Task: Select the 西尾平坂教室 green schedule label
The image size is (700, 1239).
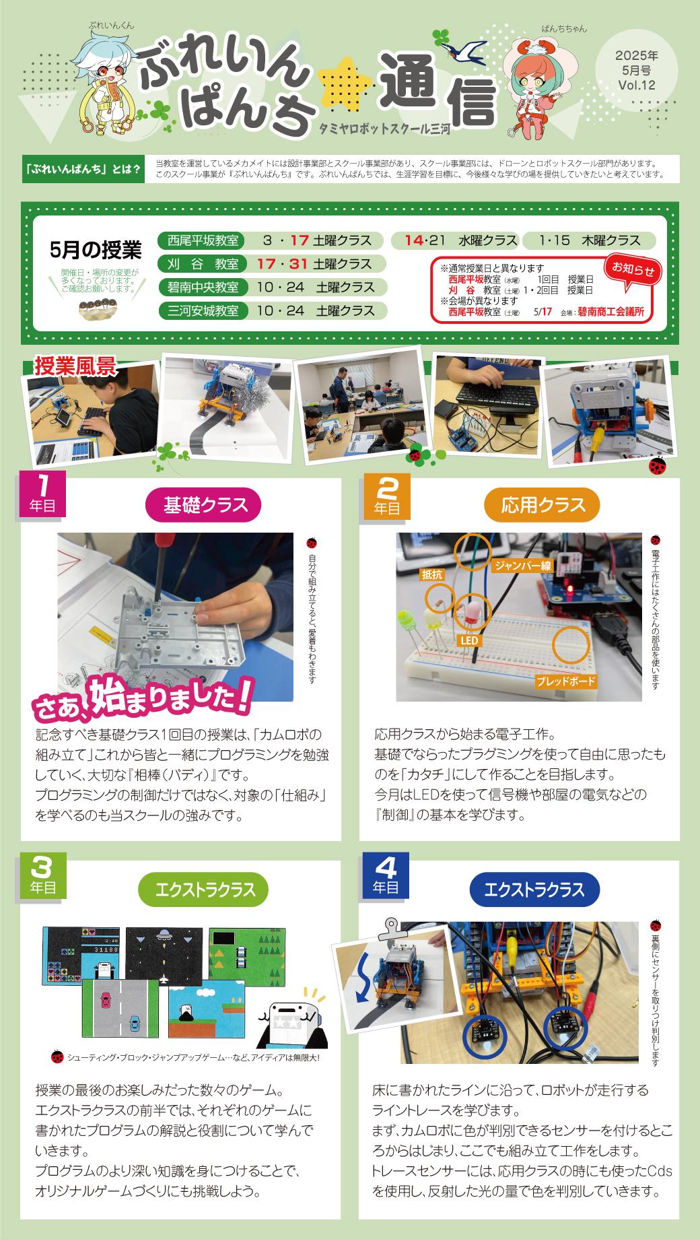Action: (203, 240)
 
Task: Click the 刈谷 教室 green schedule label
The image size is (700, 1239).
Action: (203, 264)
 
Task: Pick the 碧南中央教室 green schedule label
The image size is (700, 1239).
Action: (203, 288)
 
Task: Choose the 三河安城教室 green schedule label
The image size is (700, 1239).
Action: (203, 311)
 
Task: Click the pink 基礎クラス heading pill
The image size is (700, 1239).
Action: (203, 506)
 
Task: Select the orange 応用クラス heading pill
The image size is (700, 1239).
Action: (542, 506)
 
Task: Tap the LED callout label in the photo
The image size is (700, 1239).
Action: (469, 641)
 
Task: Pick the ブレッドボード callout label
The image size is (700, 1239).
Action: (566, 681)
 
